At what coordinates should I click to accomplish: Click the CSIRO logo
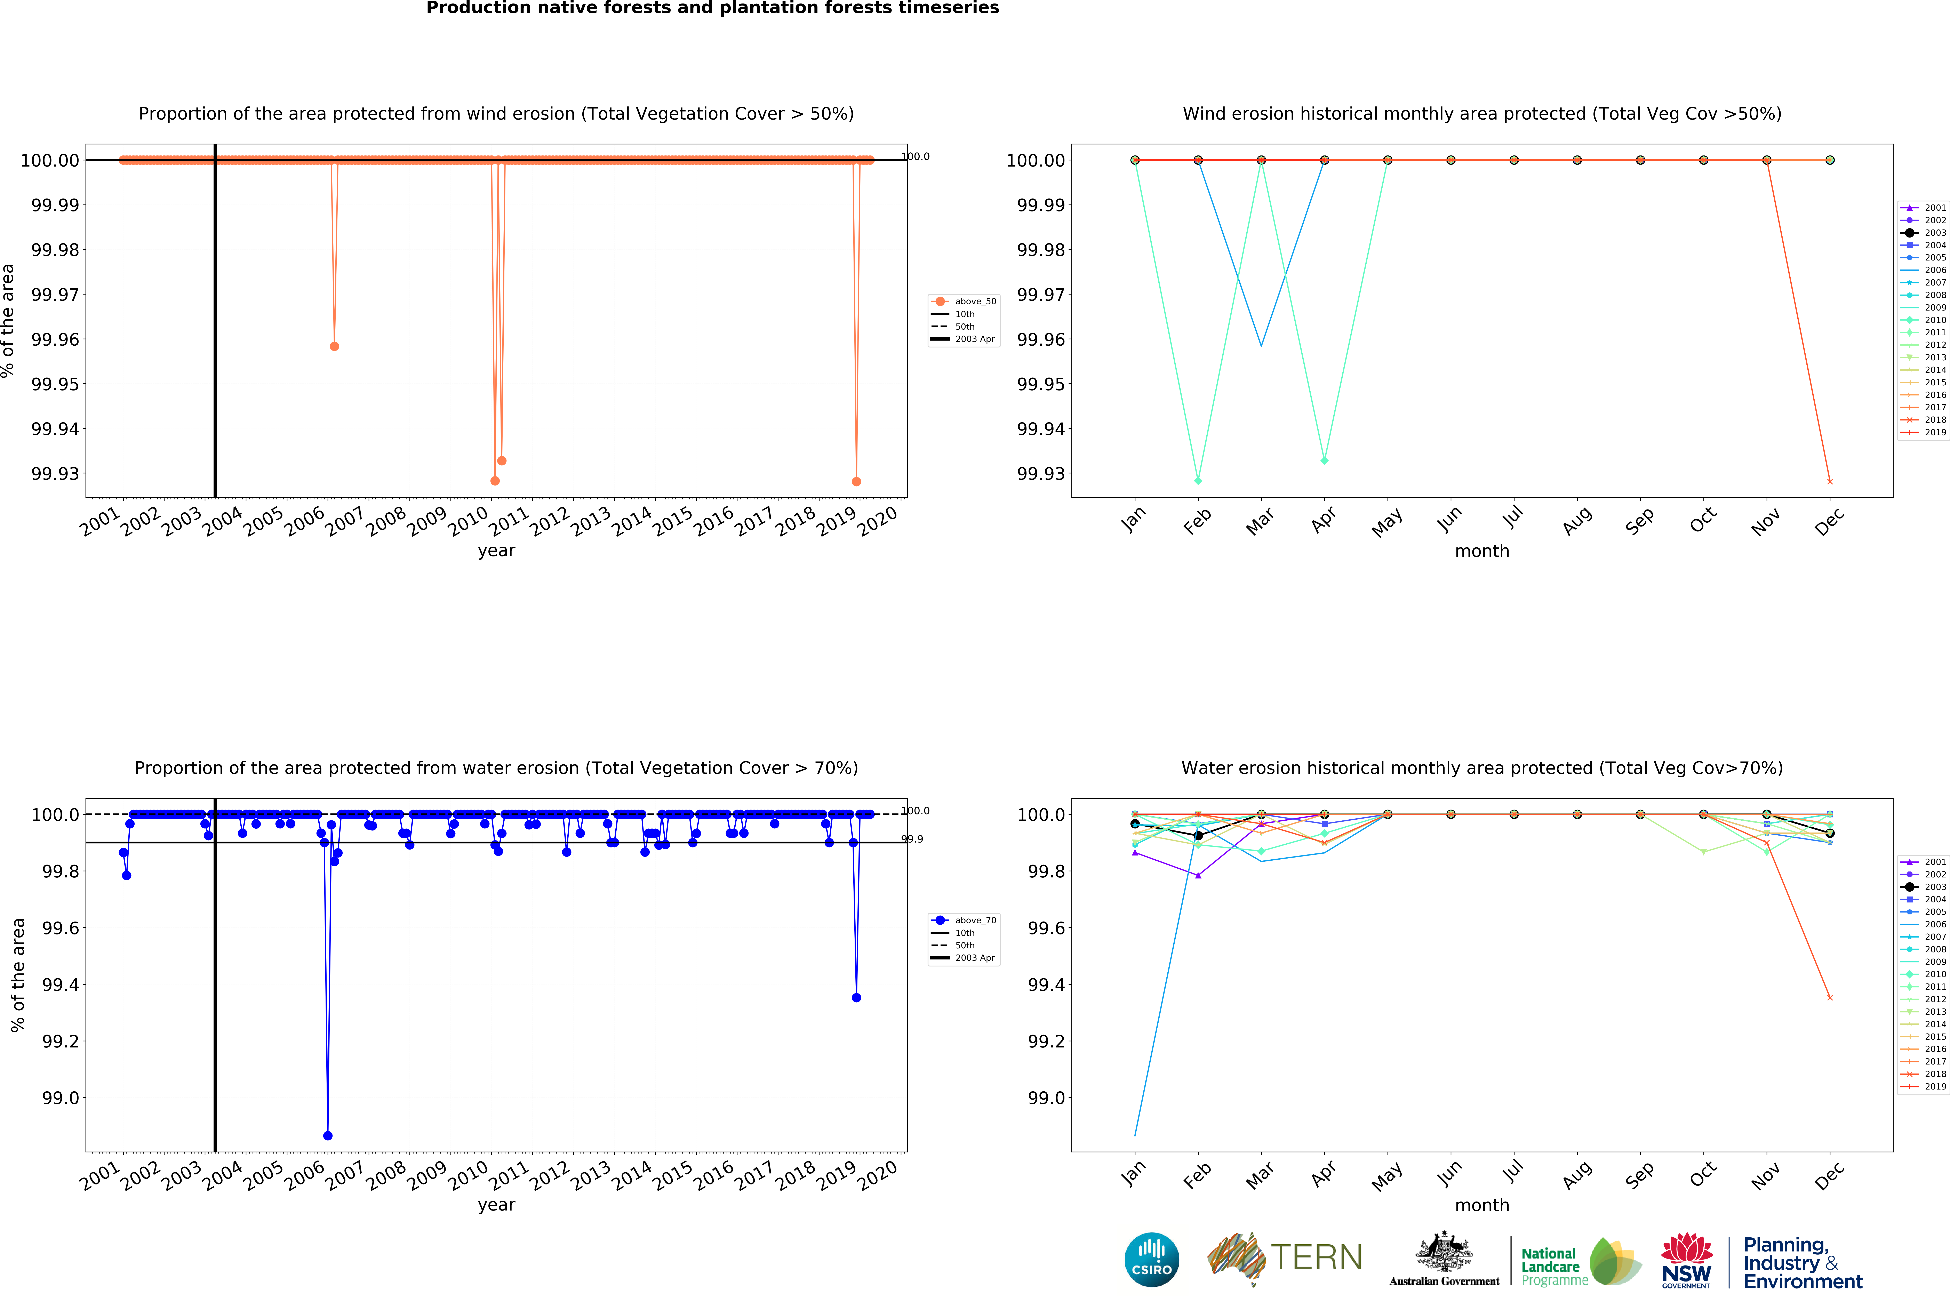pyautogui.click(x=1151, y=1259)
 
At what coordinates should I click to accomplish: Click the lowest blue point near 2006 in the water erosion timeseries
pyautogui.click(x=328, y=1135)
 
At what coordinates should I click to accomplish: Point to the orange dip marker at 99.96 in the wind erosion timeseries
pyautogui.click(x=334, y=346)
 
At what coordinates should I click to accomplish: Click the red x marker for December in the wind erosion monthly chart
pyautogui.click(x=1830, y=481)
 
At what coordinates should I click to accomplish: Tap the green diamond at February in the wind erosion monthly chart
pyautogui.click(x=1198, y=480)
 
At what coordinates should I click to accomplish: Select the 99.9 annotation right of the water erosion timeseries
pyautogui.click(x=912, y=839)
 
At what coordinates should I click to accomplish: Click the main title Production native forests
pyautogui.click(x=713, y=8)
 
